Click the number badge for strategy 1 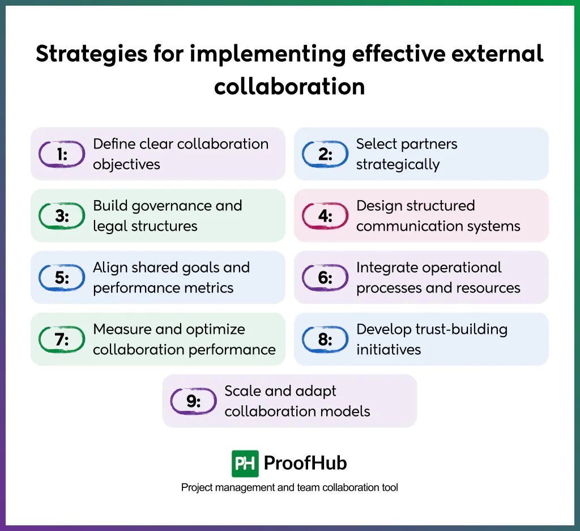pos(62,154)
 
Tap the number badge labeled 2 pos(325,154)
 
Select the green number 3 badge pos(62,216)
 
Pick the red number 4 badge pos(325,216)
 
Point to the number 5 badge pos(62,278)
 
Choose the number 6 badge pos(325,278)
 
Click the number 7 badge pos(62,339)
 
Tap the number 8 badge pos(325,339)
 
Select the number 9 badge pos(194,401)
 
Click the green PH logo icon pos(245,464)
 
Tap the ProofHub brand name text pos(305,464)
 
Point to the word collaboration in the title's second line pos(289,87)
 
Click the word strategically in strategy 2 pos(398,165)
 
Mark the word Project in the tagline pos(197,487)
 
